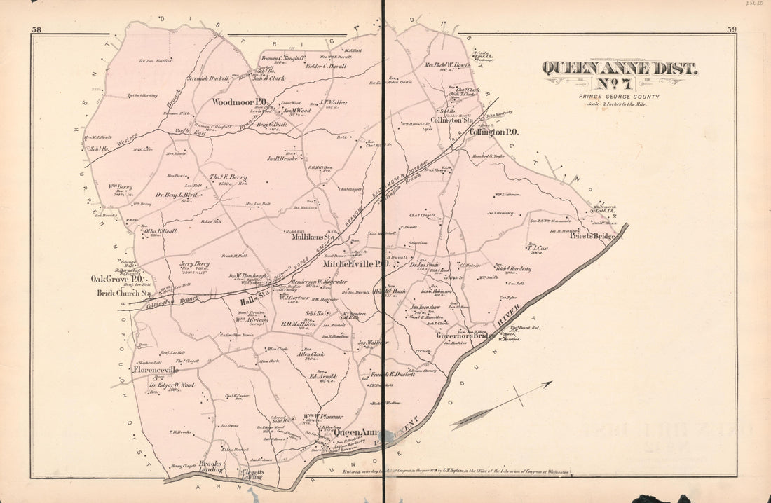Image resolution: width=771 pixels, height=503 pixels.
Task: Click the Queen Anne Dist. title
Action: tap(619, 69)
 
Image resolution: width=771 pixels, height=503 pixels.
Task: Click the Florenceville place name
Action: tap(153, 369)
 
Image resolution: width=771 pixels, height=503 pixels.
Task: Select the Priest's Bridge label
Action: tap(592, 237)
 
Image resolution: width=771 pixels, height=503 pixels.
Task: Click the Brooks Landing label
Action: tap(210, 467)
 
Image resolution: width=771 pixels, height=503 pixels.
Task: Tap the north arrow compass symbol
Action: tap(501, 405)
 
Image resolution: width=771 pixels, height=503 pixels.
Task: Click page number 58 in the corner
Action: tap(36, 29)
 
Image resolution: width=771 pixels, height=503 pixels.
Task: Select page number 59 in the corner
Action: tap(732, 29)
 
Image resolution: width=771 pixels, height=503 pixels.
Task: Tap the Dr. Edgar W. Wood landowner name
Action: tap(171, 385)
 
